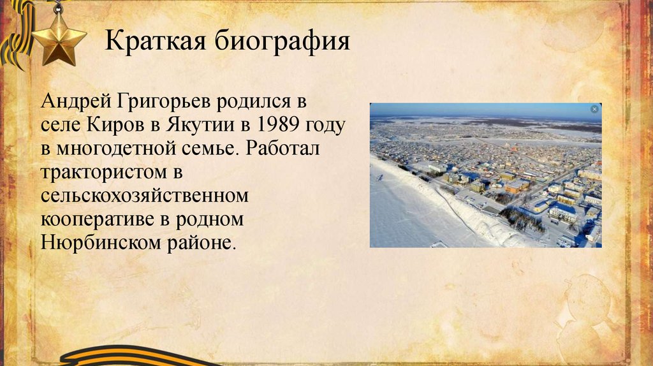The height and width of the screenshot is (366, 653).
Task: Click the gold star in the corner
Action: [59, 39]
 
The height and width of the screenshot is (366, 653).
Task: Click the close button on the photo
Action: [594, 110]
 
